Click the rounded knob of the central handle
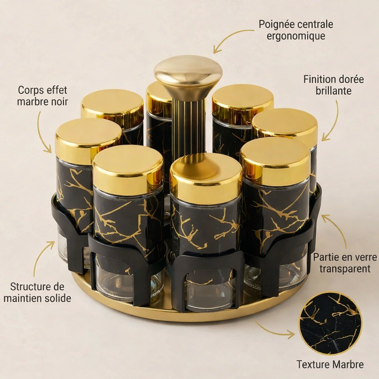pos(188,73)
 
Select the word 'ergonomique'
pos(296,36)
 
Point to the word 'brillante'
pos(333,91)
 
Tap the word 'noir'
pos(59,102)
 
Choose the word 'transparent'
pos(345,269)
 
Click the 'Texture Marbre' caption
pos(330,365)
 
